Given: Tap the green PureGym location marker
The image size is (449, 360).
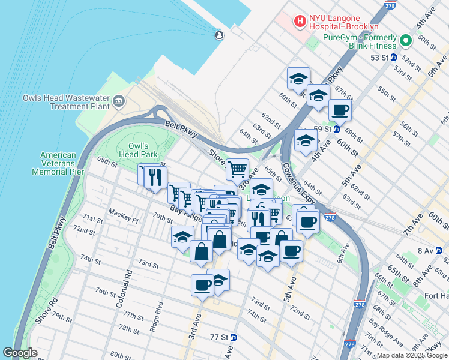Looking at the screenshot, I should pos(405,41).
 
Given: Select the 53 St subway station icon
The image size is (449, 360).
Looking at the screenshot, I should pos(394,58).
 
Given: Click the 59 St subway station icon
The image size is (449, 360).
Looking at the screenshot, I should pos(337,129).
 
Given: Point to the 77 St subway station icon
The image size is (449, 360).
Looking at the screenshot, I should pos(234,337).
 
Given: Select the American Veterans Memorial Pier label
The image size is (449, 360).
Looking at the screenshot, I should pos(58,163).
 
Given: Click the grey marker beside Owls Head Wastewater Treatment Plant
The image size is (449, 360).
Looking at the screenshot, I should pos(118,100).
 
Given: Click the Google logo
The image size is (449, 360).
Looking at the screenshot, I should pos(20,353).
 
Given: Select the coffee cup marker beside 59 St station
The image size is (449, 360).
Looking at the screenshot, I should pos(340,110).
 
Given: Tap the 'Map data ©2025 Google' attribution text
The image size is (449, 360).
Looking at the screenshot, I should pos(412,355).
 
